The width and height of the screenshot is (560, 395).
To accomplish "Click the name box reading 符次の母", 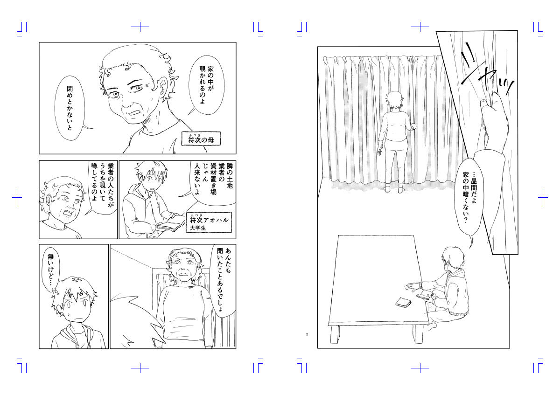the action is pos(201,139).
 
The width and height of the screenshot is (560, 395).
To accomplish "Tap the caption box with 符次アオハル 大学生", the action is pos(209,222).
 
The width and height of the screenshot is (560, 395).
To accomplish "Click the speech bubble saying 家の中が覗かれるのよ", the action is pos(206,85).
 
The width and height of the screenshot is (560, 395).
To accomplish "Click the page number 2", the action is pos(307,334).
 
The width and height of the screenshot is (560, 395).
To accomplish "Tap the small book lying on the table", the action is pos(403,303).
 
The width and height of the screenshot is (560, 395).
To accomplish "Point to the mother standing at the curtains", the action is pos(394,142).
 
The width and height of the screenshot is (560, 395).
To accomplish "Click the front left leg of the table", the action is pos(335,335).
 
